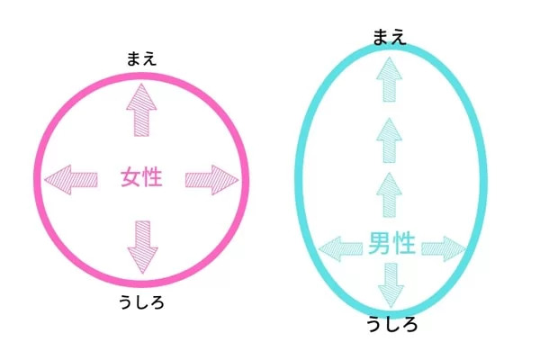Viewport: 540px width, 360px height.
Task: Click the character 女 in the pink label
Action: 130,177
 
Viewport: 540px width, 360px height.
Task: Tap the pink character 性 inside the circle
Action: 152,177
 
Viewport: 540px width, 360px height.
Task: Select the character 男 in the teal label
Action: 379,243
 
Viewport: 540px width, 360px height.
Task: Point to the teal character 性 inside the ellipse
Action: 403,243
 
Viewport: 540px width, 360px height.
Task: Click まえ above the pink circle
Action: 141,58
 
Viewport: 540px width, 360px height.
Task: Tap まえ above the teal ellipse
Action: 389,37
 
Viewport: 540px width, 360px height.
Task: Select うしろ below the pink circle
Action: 141,302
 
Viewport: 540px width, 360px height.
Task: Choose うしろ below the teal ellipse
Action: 391,325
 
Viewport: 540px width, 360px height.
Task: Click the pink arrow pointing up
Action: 141,110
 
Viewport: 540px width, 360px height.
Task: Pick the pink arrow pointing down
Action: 142,247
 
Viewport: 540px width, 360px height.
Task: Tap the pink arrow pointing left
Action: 71,179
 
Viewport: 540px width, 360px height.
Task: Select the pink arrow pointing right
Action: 211,180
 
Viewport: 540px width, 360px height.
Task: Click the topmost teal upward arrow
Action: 389,79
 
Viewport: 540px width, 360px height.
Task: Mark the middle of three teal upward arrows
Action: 389,140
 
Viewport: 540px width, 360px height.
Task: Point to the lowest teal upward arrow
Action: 389,195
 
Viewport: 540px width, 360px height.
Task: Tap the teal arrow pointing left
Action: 340,248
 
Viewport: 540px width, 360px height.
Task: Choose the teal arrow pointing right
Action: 444,248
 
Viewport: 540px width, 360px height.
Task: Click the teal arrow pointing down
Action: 391,285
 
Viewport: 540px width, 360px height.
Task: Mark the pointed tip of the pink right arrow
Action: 238,180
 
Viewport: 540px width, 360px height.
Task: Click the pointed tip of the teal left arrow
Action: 319,248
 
